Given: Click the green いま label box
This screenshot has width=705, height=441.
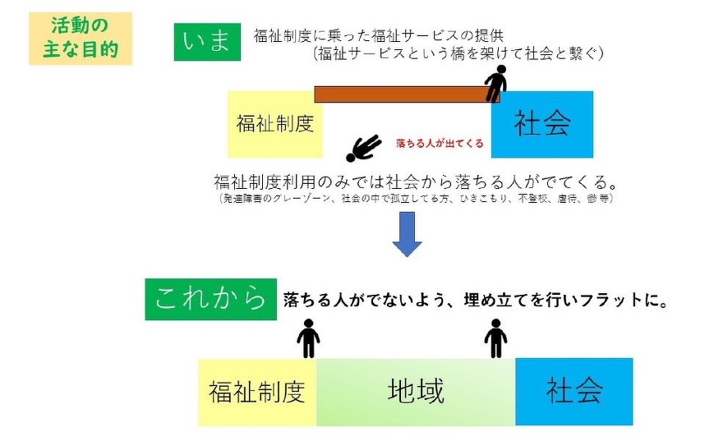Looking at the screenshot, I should [x=207, y=41].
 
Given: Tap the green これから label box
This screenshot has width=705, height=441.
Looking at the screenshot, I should [x=210, y=298].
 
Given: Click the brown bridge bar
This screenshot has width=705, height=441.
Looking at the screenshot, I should [x=403, y=94].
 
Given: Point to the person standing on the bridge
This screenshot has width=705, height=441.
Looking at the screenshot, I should [x=495, y=82].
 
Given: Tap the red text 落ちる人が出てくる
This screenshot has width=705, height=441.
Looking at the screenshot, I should [x=439, y=144].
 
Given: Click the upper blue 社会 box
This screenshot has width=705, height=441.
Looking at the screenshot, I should [x=542, y=124].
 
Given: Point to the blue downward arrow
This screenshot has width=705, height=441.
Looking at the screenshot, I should [x=406, y=235].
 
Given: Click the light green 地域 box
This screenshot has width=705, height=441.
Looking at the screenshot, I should [x=416, y=392].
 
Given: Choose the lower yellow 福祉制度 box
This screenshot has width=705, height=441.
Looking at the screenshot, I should [x=257, y=392].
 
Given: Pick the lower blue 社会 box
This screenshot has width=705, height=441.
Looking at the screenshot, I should [x=574, y=391].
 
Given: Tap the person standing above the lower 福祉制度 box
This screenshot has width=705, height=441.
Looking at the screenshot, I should [x=308, y=338].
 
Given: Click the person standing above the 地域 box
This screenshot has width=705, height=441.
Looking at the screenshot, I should [x=495, y=338].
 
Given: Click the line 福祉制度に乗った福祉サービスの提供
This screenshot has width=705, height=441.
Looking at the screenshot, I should [x=389, y=35].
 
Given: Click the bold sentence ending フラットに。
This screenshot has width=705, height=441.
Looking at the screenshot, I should [x=474, y=300].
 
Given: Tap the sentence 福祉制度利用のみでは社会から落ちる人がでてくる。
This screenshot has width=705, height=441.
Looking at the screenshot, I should [x=415, y=181].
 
